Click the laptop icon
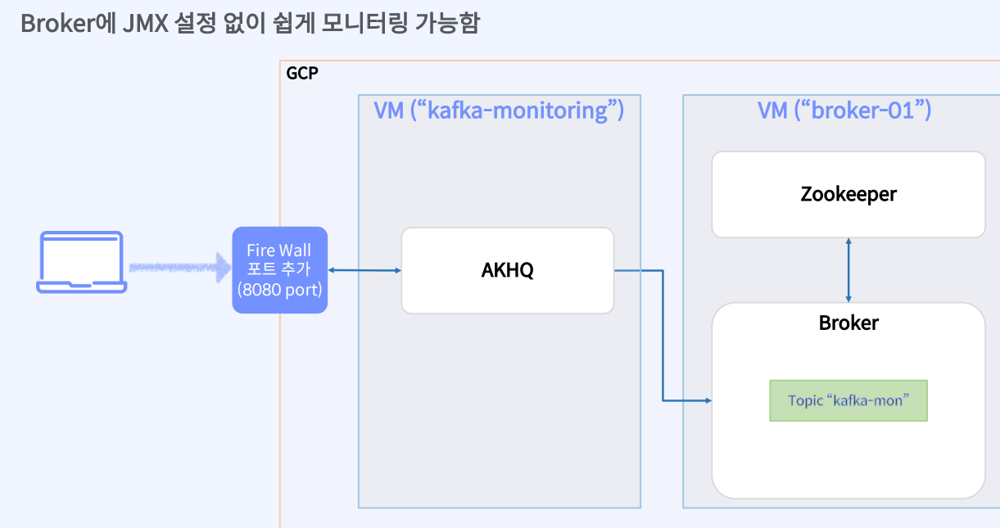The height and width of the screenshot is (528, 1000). [81, 262]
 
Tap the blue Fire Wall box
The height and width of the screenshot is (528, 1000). [279, 270]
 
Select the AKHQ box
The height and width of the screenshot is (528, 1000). [507, 270]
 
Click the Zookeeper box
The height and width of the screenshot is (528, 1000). [848, 195]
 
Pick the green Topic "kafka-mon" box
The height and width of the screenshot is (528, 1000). [848, 400]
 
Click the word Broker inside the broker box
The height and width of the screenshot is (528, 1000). [848, 323]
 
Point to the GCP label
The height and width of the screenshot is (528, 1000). [301, 74]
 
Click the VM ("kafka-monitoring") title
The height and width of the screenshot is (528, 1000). [499, 110]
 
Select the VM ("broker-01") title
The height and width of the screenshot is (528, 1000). [844, 110]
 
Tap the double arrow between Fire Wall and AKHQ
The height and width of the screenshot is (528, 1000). [364, 269]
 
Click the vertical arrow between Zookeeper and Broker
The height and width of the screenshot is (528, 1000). [848, 270]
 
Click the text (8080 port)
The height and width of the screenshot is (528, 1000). [279, 289]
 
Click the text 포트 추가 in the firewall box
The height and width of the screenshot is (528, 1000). [279, 269]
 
